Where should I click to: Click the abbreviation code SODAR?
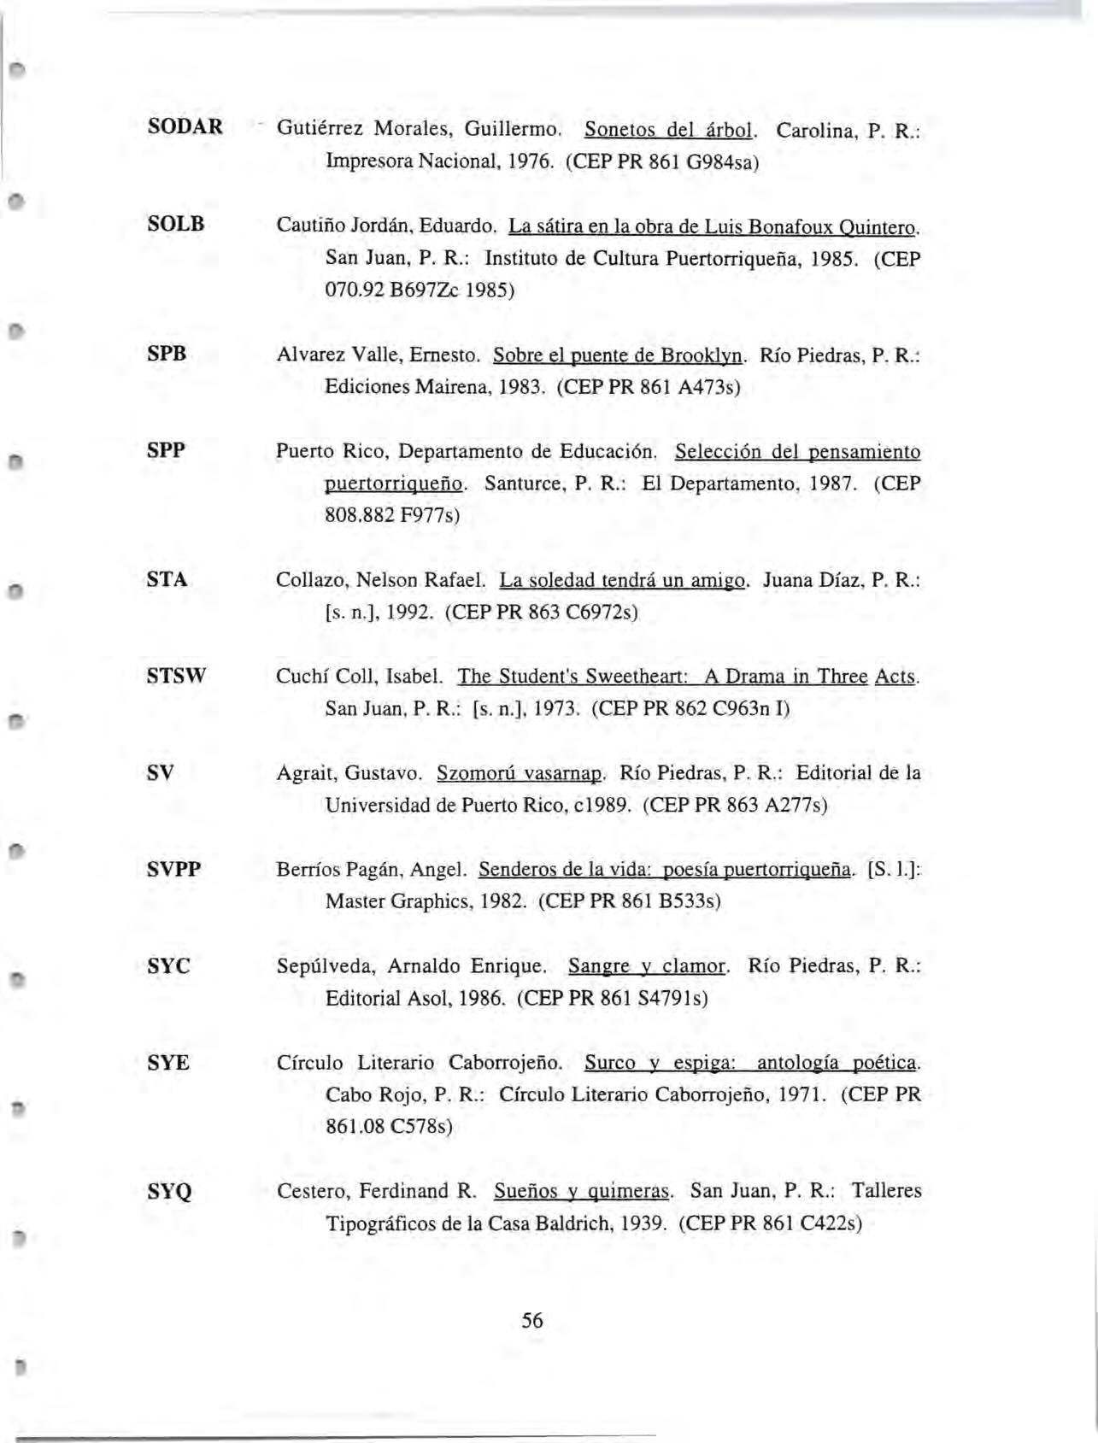tap(185, 127)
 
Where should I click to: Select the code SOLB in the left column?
tap(176, 224)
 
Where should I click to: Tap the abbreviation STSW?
tap(177, 677)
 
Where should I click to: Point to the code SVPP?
tap(174, 870)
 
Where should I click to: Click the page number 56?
tap(531, 1320)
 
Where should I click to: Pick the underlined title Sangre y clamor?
tap(648, 966)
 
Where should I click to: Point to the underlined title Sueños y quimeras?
tap(584, 1191)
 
